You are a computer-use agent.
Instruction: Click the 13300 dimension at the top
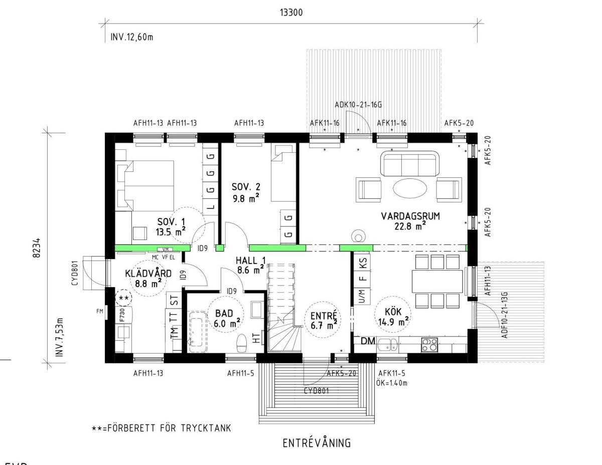291,13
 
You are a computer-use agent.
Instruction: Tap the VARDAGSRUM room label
410,216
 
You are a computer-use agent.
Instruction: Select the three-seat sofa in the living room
410,163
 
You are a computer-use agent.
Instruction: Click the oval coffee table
410,188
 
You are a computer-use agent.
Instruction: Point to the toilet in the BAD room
242,343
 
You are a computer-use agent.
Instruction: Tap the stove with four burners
429,345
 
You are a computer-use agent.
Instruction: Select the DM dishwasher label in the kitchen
368,341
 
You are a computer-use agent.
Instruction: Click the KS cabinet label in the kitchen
364,263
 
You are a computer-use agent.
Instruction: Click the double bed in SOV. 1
145,185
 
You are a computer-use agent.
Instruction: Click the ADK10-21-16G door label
358,105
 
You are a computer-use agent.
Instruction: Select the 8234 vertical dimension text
37,248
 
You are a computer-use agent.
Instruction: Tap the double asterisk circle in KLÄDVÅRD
123,298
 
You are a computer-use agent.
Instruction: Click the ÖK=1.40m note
392,383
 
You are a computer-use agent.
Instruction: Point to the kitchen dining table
437,281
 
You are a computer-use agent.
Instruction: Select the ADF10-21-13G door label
505,315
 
